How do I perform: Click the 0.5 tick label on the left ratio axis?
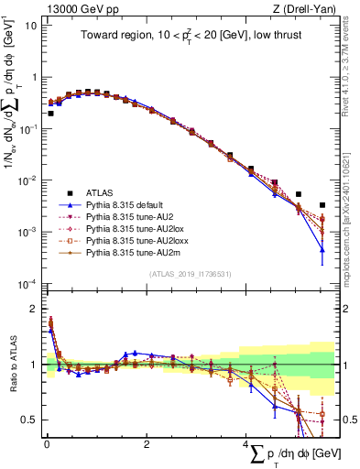(x=29, y=420)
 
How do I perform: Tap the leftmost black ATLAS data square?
(x=50, y=114)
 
